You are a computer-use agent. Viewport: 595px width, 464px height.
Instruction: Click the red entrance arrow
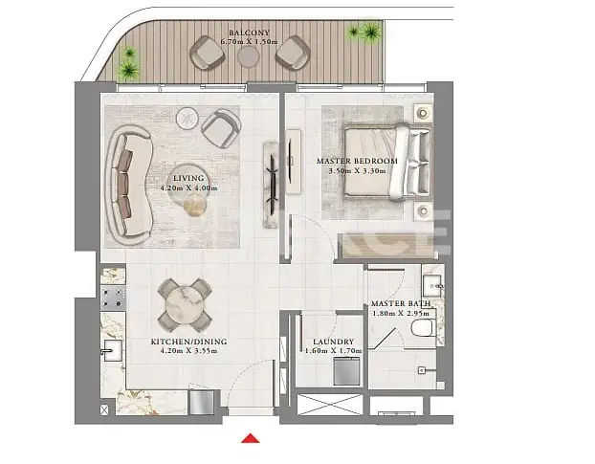click(x=251, y=438)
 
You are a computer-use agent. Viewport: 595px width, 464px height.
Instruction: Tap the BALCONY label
click(x=249, y=33)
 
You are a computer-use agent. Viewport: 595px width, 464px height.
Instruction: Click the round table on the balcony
click(x=249, y=56)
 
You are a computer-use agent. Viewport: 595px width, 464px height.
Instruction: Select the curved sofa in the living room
click(x=129, y=185)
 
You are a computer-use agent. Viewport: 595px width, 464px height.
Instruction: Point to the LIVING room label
click(x=188, y=178)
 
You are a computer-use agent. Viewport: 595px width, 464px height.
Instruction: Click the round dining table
click(x=185, y=305)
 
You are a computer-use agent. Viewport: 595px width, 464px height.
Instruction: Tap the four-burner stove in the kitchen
click(x=113, y=298)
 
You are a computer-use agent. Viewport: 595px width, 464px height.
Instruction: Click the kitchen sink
click(x=112, y=350)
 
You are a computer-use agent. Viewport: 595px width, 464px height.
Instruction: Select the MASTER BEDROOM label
click(x=357, y=161)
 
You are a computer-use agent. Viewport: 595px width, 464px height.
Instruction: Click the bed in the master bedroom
click(x=387, y=163)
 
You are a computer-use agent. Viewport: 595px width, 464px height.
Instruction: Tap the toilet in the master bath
click(x=422, y=327)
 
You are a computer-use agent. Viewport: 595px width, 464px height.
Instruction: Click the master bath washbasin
click(x=432, y=285)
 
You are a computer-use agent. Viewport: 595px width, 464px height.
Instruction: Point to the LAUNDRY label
click(x=333, y=342)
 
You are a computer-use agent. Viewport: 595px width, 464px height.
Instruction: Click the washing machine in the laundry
click(x=346, y=371)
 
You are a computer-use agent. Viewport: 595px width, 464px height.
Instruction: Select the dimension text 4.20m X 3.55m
click(x=189, y=351)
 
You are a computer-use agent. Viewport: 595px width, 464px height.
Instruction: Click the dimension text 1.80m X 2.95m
click(x=401, y=314)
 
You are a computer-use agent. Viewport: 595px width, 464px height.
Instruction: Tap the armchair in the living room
click(x=221, y=128)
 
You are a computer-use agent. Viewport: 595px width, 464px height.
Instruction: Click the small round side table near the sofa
click(x=187, y=119)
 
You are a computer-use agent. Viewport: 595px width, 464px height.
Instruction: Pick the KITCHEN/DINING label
click(x=189, y=342)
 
